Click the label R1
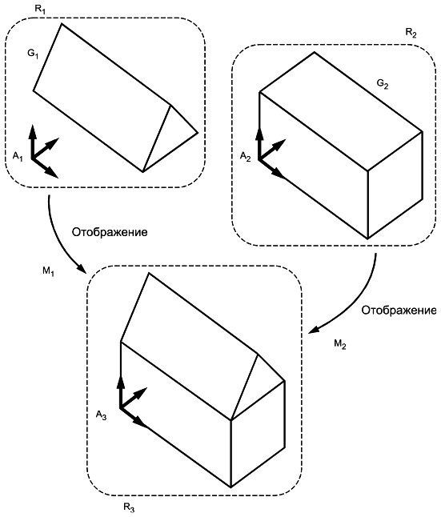click(40, 9)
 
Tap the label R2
click(411, 33)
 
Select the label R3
click(129, 507)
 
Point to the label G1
click(33, 54)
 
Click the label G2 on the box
click(383, 84)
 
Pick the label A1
click(18, 156)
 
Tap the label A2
click(245, 156)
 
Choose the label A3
click(102, 415)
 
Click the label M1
click(48, 271)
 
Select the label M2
click(340, 344)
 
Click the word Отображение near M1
click(110, 232)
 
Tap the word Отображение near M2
click(399, 311)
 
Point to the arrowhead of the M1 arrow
click(82, 270)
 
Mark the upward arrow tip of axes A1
click(32, 126)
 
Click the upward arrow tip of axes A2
click(260, 127)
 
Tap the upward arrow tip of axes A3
click(121, 377)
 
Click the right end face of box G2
click(395, 185)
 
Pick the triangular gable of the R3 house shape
click(258, 385)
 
